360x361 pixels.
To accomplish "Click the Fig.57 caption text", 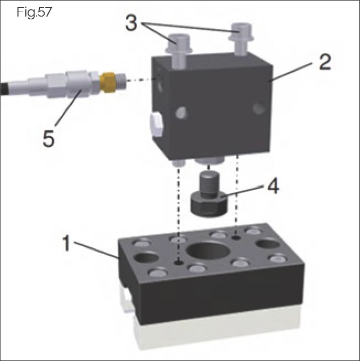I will pos(35,12).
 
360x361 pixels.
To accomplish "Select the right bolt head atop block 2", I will pos(241,30).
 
